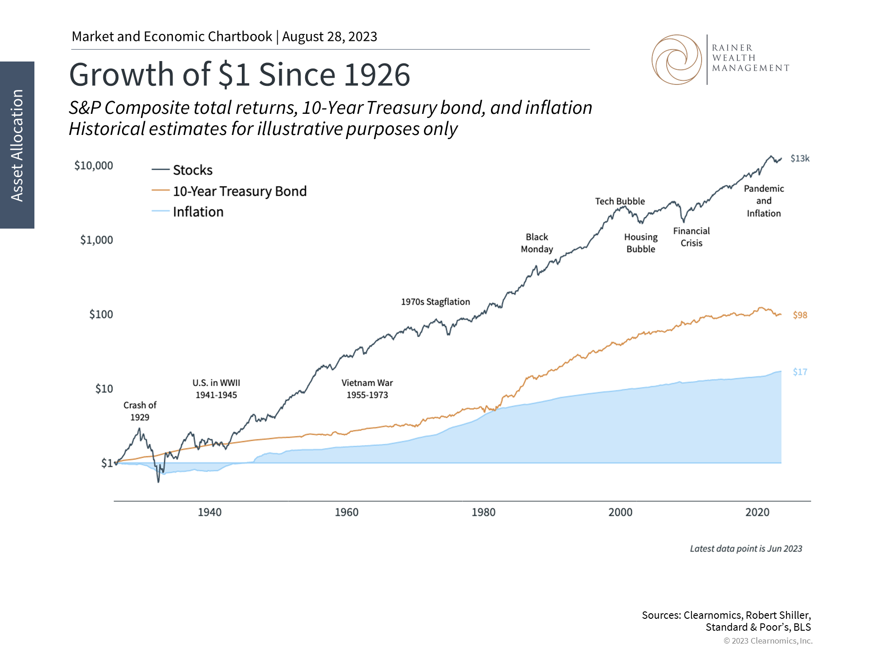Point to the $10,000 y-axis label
tap(94, 166)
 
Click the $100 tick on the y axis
tap(101, 314)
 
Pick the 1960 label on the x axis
tap(346, 512)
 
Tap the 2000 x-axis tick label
tap(620, 512)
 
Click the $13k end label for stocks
tap(800, 159)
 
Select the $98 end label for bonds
tap(800, 315)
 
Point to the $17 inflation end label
tap(800, 372)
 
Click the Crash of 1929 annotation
tap(140, 411)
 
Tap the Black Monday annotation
tap(537, 243)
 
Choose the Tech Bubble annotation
tap(620, 202)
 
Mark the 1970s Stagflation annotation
tap(435, 302)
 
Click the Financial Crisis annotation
tap(691, 237)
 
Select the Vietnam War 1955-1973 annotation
tap(367, 389)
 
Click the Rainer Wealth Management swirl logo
tap(676, 60)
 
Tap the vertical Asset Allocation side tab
tap(17, 145)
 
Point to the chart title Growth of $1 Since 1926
tap(240, 75)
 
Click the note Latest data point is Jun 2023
tap(746, 549)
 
